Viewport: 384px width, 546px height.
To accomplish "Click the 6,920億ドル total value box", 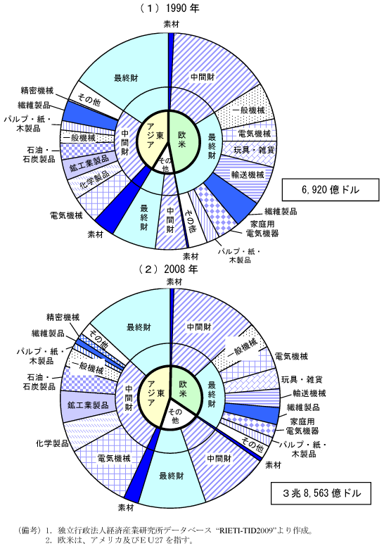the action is click(x=330, y=190).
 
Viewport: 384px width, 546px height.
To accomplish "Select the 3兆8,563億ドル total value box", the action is click(x=321, y=493).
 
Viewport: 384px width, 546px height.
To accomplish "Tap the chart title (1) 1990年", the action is click(x=169, y=8).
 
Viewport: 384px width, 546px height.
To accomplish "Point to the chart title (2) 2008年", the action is click(x=169, y=269).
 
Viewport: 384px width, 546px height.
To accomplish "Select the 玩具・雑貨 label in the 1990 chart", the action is click(x=254, y=150).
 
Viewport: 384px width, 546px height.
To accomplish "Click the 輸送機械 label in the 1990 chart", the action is click(x=248, y=174).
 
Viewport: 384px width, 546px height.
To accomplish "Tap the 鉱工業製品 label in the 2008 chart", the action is click(x=89, y=405).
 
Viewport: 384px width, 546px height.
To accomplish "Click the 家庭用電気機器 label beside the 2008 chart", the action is click(x=302, y=426).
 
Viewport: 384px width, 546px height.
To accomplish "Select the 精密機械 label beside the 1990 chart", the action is click(x=37, y=91).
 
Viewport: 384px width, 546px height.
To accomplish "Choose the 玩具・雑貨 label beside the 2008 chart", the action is click(x=302, y=379).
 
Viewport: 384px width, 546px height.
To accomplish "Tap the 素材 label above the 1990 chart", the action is click(x=172, y=24).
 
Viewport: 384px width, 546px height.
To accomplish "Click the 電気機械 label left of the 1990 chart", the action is click(x=66, y=215).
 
